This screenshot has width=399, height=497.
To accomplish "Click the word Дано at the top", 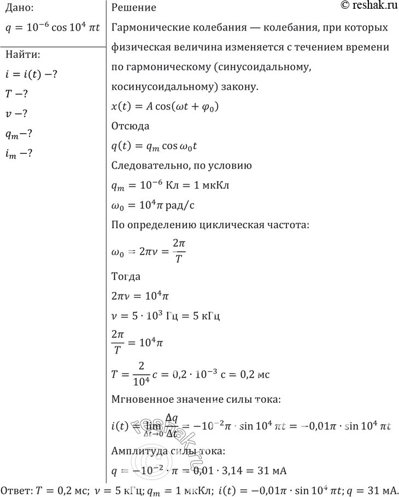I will click(x=18, y=8).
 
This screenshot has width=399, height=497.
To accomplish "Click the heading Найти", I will click(x=22, y=54).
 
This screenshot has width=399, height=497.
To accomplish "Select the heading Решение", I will click(x=133, y=8).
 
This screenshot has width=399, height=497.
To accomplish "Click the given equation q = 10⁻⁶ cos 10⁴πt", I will click(x=52, y=27).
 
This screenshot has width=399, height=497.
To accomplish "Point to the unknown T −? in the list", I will click(x=16, y=94).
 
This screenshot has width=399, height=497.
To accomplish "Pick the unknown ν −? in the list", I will click(x=16, y=114).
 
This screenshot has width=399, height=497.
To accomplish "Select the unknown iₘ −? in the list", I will click(x=19, y=154).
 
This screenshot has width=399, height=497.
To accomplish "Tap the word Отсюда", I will click(x=130, y=126).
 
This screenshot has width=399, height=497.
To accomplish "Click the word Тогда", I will click(x=126, y=276).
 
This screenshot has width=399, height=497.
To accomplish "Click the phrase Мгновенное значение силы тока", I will click(x=196, y=400).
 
